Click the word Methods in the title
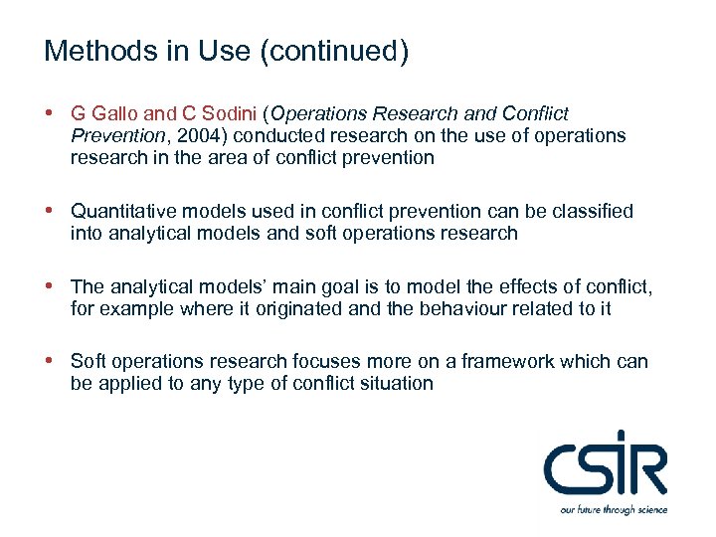pyautogui.click(x=86, y=52)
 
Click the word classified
pyautogui.click(x=591, y=211)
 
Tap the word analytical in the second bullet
pyautogui.click(x=156, y=233)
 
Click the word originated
pyautogui.click(x=284, y=308)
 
